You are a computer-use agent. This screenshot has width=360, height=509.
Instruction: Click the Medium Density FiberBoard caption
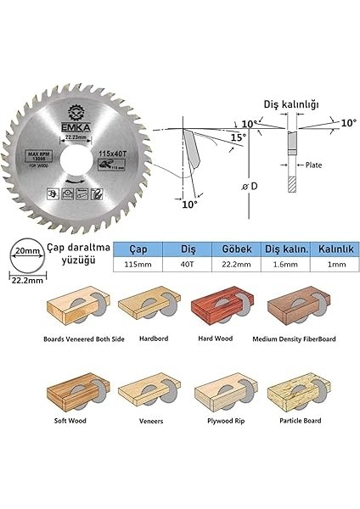[294, 338]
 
